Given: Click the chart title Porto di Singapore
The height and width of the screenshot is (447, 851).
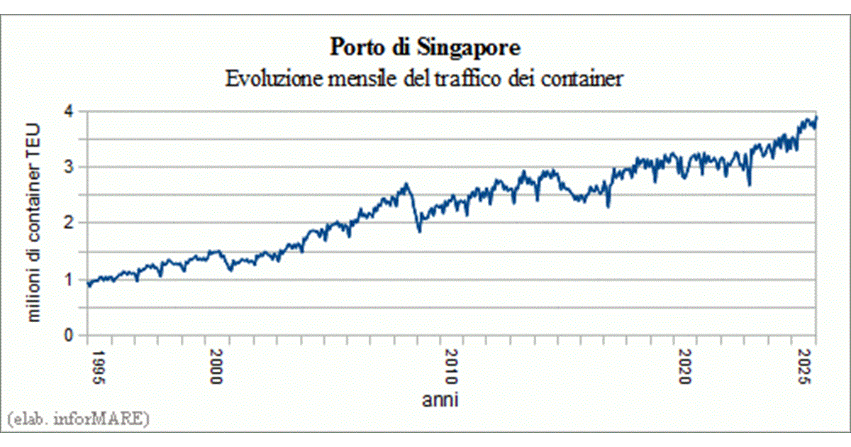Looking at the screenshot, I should point(425,48).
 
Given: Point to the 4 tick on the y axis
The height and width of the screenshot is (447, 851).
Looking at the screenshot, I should point(69,112).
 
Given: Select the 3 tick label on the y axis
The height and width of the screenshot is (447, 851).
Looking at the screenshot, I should point(69,167).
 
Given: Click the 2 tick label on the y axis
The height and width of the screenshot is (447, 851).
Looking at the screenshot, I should point(69,223).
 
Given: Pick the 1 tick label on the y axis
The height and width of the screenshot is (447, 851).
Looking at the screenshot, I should point(69,280).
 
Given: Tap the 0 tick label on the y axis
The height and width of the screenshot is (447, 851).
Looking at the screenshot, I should point(69,335).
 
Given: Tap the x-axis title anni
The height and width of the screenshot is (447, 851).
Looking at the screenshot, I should point(440,400).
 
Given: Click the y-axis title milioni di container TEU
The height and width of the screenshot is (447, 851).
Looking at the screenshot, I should point(33,223).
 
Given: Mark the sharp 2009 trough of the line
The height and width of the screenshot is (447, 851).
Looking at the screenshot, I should point(419,231).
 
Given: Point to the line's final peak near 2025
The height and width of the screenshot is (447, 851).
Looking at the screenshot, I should point(816,117).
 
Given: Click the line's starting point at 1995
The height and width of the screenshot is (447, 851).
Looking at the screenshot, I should point(88,285).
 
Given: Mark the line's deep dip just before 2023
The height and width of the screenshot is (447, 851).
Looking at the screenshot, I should point(750,184).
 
